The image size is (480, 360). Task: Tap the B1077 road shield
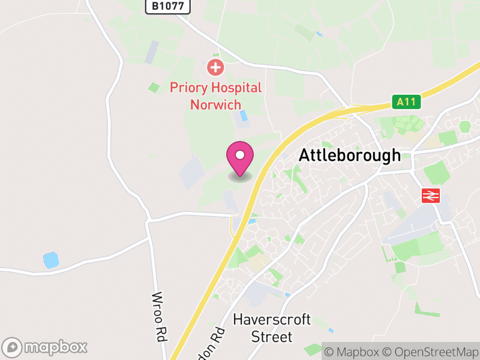click(x=167, y=7)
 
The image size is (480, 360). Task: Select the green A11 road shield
click(x=407, y=102)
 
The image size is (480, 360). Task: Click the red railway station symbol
click(x=431, y=195)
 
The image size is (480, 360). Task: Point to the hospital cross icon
click(x=214, y=67)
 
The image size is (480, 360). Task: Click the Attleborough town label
click(x=350, y=155)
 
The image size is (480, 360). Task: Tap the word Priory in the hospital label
click(x=188, y=88)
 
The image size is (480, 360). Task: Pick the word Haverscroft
click(x=271, y=319)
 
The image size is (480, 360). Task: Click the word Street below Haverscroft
click(x=272, y=337)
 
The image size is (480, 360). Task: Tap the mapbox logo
click(x=46, y=347)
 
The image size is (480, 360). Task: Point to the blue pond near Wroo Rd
click(x=51, y=260)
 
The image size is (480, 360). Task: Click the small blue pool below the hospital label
click(x=244, y=115)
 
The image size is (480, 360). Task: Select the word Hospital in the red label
click(x=235, y=88)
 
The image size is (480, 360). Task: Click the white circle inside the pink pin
click(x=240, y=155)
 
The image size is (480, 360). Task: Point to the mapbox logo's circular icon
click(x=13, y=347)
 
